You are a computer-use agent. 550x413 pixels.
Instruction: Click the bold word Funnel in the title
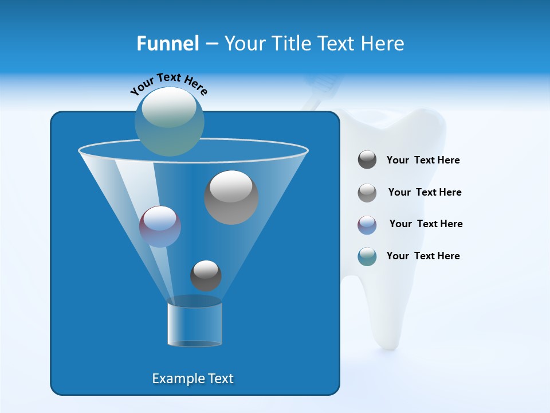point(167,44)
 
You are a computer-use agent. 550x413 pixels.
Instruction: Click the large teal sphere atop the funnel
point(170,121)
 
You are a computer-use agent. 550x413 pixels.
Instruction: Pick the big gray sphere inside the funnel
point(231,197)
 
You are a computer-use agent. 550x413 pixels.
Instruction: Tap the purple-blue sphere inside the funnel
point(160,227)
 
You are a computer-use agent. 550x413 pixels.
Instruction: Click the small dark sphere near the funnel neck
point(206,275)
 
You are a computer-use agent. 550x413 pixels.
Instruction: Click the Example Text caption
point(192,379)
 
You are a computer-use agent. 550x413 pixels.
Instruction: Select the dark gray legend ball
point(367,160)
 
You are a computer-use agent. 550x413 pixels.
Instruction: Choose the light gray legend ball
point(367,192)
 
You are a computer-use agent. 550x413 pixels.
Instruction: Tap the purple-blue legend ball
point(367,224)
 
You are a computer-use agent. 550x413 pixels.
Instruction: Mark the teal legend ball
point(367,256)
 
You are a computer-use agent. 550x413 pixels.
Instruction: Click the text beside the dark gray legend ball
point(423,161)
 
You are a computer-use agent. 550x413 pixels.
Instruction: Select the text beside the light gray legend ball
point(425,193)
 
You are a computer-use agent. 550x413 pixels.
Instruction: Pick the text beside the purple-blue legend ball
point(426,224)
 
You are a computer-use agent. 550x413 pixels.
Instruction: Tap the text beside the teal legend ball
point(423,256)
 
